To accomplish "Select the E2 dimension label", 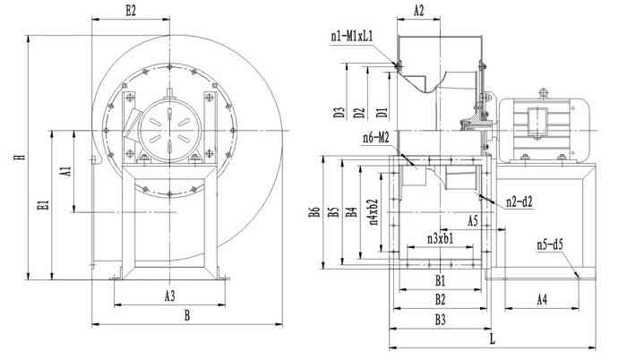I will tap(132, 11).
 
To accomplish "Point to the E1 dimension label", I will tap(42, 206).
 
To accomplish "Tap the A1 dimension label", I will tap(65, 170).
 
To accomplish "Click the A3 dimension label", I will tap(169, 295).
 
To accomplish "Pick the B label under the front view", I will tap(186, 314).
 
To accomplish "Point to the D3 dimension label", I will tap(339, 114).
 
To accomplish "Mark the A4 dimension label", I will tap(542, 299).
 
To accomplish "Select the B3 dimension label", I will tap(441, 319).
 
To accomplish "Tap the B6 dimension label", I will tap(313, 212).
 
